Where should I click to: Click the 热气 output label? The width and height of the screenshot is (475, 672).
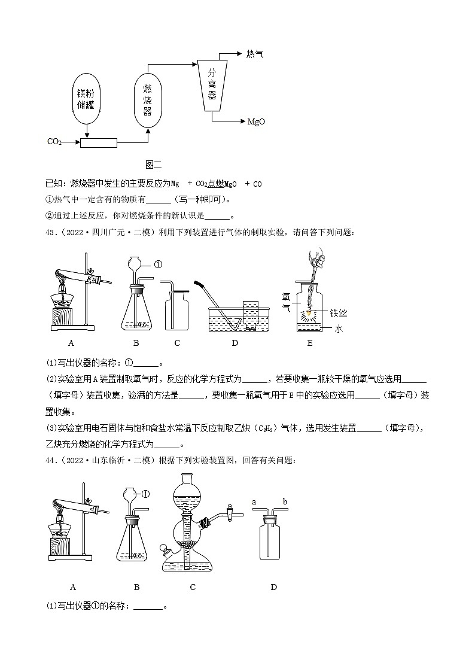(x=254, y=54)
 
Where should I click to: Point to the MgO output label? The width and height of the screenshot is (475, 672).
(x=256, y=121)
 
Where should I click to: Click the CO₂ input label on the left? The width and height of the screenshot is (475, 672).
(x=54, y=142)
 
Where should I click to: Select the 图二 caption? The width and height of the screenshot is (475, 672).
(x=154, y=164)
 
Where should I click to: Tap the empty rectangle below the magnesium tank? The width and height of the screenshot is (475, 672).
(x=99, y=142)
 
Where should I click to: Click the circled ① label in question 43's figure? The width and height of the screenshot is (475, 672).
(x=159, y=264)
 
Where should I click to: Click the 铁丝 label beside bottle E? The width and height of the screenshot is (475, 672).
(x=339, y=312)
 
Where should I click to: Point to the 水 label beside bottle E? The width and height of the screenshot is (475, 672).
(x=339, y=329)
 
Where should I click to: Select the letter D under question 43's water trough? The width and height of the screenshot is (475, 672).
(x=235, y=343)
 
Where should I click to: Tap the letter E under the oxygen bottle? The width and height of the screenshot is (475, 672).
(x=309, y=343)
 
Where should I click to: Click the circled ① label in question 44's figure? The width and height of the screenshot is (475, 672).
(x=145, y=494)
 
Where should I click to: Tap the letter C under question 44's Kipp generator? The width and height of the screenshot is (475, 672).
(x=193, y=587)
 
